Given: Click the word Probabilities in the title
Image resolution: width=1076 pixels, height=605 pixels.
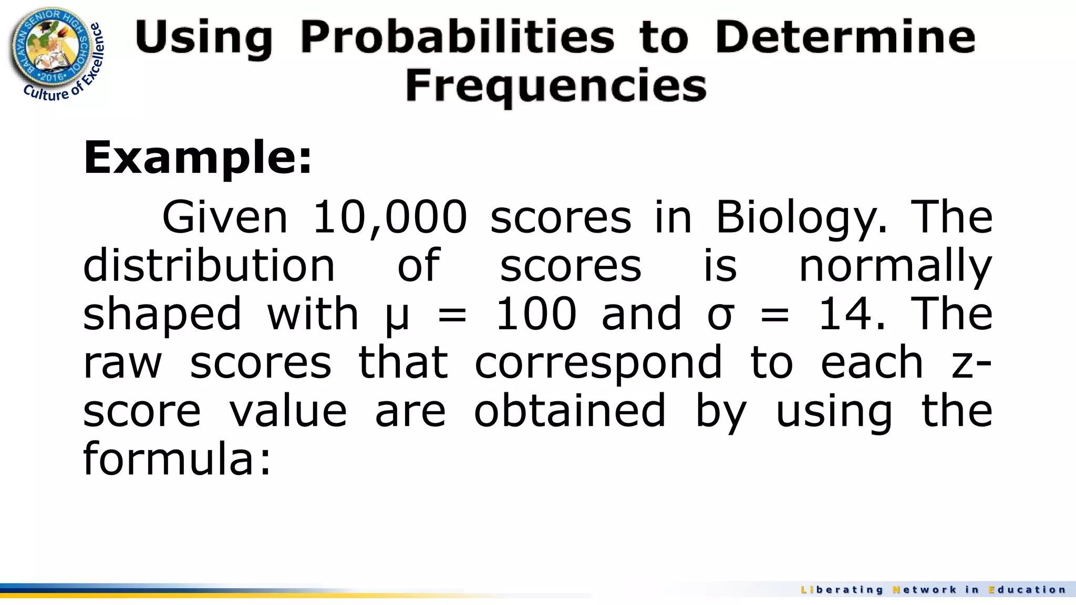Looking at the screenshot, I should pos(457,38).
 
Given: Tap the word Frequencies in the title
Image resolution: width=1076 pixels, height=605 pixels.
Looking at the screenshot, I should pos(555,86).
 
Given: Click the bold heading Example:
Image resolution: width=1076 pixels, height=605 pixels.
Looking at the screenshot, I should pos(198,158).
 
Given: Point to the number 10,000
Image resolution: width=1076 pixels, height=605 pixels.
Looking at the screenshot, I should pos(389,217).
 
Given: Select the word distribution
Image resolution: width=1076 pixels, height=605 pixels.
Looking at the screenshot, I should pos(209,266).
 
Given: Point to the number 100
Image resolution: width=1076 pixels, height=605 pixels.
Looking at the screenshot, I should pos(536,314).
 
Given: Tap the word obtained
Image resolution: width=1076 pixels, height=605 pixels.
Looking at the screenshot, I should pos(570,411).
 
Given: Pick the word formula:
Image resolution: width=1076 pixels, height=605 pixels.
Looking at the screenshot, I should pos(177,459).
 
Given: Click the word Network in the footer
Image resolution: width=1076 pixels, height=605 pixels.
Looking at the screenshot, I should pos(925,590).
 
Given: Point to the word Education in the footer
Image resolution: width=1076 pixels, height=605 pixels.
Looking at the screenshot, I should pos(1027,590).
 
